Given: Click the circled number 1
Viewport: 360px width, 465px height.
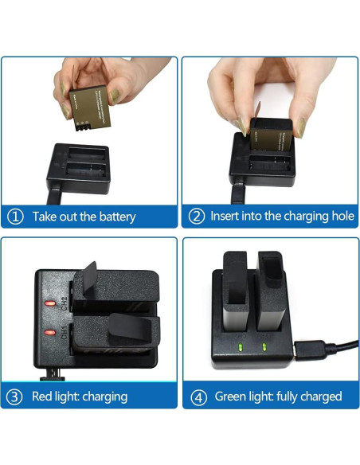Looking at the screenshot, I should (16, 216).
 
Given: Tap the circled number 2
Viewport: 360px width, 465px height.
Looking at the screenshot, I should (196, 216).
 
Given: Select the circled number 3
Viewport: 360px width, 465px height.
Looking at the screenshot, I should (15, 396).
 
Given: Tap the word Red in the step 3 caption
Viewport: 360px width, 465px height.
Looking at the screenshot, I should (43, 396).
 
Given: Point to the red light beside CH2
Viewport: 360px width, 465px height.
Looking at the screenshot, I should (49, 303).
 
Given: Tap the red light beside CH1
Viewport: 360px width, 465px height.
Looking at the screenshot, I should (49, 329).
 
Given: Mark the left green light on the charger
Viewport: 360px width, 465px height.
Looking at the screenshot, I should (240, 346).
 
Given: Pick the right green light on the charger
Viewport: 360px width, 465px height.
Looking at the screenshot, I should (264, 346).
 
